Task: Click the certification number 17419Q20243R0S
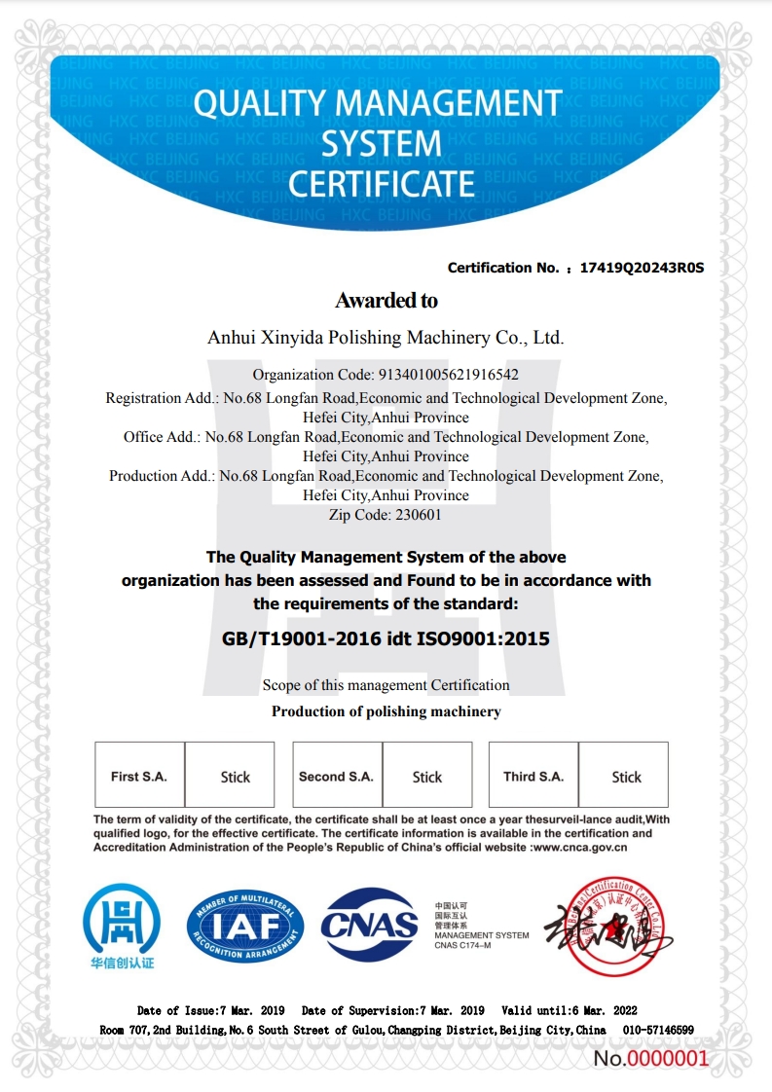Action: coord(641,268)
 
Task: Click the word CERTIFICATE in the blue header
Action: coord(382,183)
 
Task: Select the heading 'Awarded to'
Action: coord(386,300)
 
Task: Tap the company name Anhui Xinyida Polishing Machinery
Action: coord(386,338)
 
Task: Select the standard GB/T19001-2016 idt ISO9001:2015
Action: coord(386,639)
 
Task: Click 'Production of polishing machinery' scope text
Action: coord(386,711)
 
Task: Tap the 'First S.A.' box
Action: coord(139,777)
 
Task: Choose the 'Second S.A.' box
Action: coord(336,777)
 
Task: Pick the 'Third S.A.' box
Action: coord(533,777)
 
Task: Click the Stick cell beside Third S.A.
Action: coord(626,777)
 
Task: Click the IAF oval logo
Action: coord(245,926)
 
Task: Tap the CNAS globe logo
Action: coord(370,925)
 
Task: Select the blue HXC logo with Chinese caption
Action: coord(122,925)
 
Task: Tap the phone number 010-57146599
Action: coord(657,1030)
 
